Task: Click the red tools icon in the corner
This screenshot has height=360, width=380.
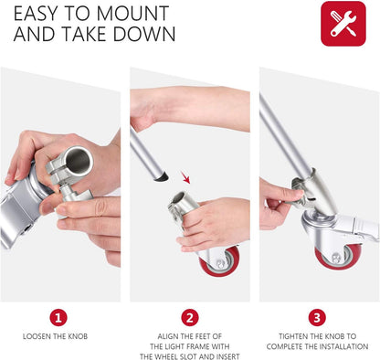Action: [343, 24]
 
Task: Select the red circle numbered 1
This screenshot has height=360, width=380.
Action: [59, 317]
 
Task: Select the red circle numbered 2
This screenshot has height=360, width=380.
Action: [189, 317]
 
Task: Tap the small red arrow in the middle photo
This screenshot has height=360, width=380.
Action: [187, 176]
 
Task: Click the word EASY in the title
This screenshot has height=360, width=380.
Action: [37, 15]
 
